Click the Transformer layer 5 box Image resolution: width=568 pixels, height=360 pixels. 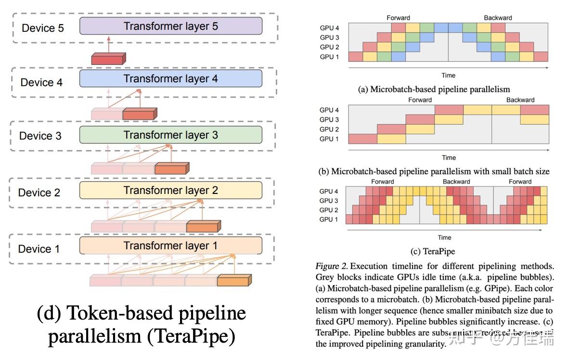(x=171, y=26)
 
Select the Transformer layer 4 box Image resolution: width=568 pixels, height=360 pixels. (x=171, y=78)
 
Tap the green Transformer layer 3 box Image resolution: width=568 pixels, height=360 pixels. (x=171, y=135)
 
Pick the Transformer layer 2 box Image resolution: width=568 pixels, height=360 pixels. (x=171, y=190)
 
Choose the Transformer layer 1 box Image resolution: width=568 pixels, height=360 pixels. (x=171, y=245)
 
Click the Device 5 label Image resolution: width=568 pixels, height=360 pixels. (x=43, y=28)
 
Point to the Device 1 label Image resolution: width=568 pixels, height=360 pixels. (x=39, y=249)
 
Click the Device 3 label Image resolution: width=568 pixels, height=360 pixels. (x=40, y=136)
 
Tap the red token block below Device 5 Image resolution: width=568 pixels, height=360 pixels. (x=108, y=59)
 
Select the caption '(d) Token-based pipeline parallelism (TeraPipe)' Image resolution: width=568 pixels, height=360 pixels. (x=142, y=325)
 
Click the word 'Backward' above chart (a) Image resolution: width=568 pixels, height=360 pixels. (x=498, y=18)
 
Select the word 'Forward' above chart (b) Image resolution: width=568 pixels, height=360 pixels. (x=420, y=100)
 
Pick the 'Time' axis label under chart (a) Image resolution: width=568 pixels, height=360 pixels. (x=448, y=75)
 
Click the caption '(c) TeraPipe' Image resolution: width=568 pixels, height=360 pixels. (x=432, y=251)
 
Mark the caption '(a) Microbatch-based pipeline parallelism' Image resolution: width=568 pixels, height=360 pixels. (x=434, y=89)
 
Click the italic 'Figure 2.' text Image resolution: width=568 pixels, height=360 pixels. (x=332, y=266)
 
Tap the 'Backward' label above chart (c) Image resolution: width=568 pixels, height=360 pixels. (x=456, y=182)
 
